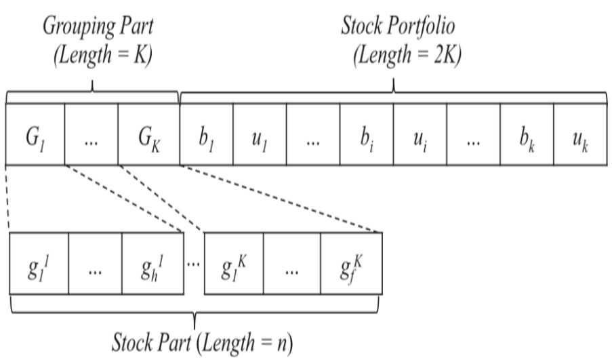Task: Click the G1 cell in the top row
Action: click(35, 134)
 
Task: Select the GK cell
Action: click(148, 134)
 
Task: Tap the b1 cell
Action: click(206, 134)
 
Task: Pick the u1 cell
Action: click(259, 134)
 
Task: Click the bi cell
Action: click(366, 134)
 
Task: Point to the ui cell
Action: click(419, 134)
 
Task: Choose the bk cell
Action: click(526, 134)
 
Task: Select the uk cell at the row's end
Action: click(579, 134)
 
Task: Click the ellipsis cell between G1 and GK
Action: click(91, 134)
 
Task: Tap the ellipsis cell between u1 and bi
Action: click(312, 134)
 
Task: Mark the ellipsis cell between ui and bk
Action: click(472, 134)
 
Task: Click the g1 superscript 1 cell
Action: click(39, 263)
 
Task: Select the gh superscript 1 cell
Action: click(152, 263)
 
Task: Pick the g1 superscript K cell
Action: click(232, 263)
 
